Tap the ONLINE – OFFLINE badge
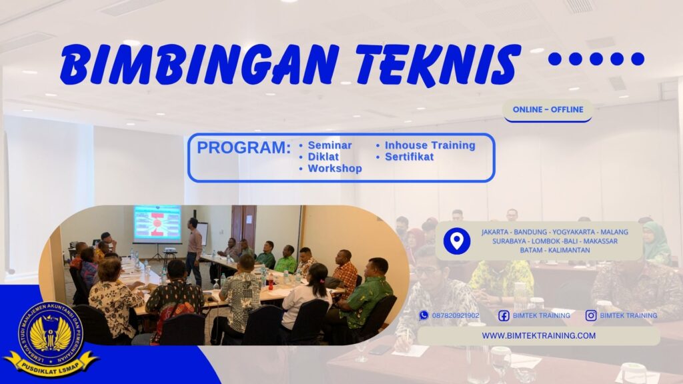[548, 109]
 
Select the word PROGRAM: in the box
[244, 148]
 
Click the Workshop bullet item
[334, 169]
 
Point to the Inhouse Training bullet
[430, 145]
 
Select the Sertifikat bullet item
[409, 157]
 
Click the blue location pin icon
[457, 241]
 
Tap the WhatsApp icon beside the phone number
[424, 315]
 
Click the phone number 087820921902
[456, 315]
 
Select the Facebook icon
[504, 315]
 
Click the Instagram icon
[591, 315]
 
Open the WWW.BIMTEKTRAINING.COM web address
[538, 335]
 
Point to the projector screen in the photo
[157, 223]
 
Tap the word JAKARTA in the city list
[497, 232]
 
